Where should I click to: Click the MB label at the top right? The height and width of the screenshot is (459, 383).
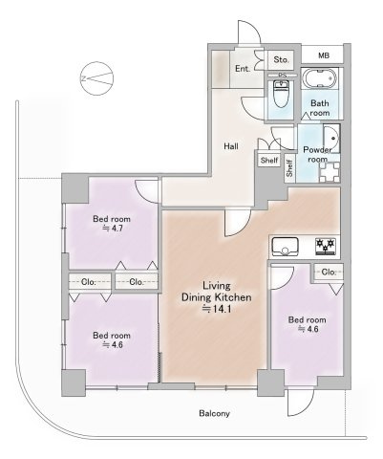324,55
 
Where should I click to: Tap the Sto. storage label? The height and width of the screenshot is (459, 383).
282,59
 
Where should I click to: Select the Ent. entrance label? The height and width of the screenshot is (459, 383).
243,68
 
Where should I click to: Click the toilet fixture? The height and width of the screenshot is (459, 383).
281,94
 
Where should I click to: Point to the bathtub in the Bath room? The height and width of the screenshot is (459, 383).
319,78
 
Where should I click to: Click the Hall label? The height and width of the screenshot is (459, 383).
231,146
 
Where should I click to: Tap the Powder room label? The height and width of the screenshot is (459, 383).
317,154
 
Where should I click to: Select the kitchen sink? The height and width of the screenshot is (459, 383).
285,247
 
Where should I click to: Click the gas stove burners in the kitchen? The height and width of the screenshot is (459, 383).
326,247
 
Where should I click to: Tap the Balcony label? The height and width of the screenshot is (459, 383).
214,414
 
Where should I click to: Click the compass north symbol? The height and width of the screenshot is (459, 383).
97,78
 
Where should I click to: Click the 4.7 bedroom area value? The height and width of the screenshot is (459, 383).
112,229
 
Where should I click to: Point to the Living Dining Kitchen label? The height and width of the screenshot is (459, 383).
217,292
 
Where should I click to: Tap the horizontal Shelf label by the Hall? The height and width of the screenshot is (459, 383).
269,160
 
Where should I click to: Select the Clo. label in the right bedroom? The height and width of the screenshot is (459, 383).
329,273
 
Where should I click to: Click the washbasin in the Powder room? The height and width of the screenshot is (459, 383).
331,139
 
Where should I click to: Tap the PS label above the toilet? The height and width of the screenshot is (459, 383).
283,76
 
